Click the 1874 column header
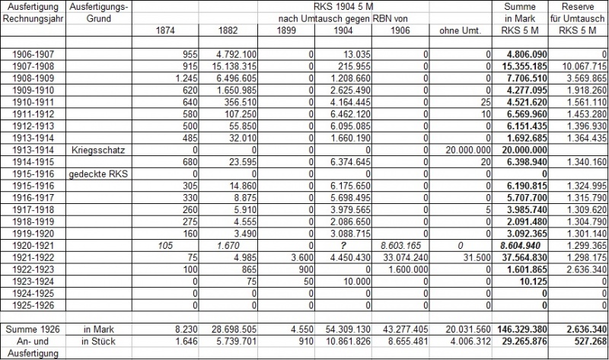click(161, 30)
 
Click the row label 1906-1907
click(32, 55)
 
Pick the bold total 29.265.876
click(521, 340)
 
